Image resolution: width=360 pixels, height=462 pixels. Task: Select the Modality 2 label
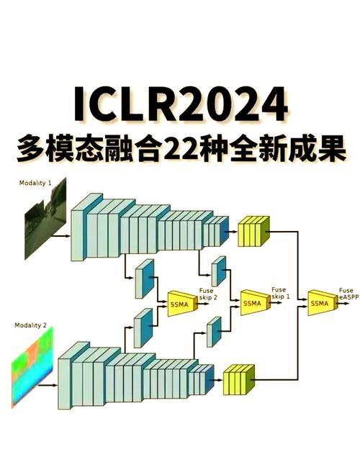(30, 326)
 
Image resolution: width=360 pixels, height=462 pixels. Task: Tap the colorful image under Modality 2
(32, 370)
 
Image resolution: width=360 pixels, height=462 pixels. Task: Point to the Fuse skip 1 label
(279, 294)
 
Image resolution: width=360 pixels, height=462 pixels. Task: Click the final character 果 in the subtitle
(327, 148)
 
